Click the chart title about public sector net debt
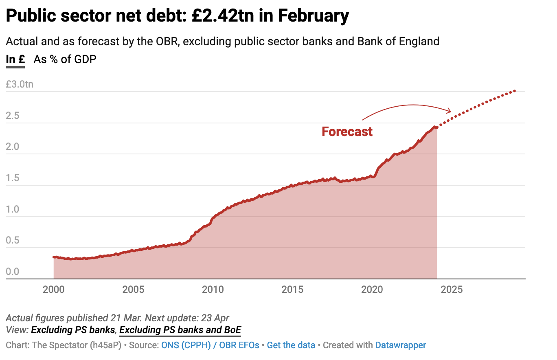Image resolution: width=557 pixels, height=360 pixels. pos(177,16)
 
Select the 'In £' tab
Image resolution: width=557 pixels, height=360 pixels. pos(15,59)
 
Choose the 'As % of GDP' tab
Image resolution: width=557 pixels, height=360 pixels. pos(65,59)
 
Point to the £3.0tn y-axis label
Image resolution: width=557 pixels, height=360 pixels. pos(20,85)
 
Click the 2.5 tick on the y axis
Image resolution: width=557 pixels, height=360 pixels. pos(13,116)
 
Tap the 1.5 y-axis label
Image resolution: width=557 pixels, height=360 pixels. pos(13,178)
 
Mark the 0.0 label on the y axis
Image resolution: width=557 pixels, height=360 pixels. pos(13,272)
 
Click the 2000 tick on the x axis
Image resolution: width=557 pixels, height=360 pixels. pos(54,290)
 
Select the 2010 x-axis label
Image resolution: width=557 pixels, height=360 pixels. pos(213,290)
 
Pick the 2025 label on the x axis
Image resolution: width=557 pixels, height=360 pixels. pos(452,290)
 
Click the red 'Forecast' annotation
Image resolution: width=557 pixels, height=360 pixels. pos(347,132)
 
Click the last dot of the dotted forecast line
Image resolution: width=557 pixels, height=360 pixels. pos(515,91)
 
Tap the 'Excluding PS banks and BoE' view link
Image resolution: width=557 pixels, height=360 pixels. pos(180,329)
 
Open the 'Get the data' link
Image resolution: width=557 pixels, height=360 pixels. pos(291,345)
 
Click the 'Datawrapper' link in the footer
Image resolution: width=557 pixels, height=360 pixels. pos(400,345)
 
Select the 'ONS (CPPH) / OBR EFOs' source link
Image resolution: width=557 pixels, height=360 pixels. pos(210,345)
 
